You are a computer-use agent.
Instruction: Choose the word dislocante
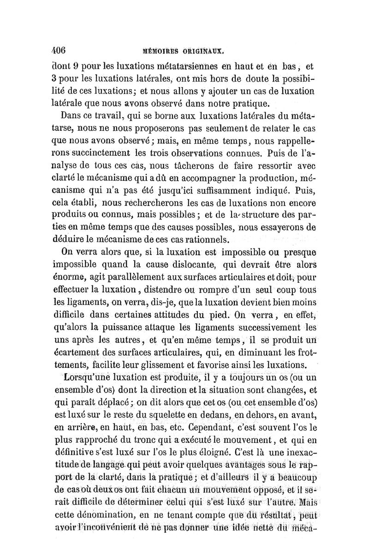point(185,265)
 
